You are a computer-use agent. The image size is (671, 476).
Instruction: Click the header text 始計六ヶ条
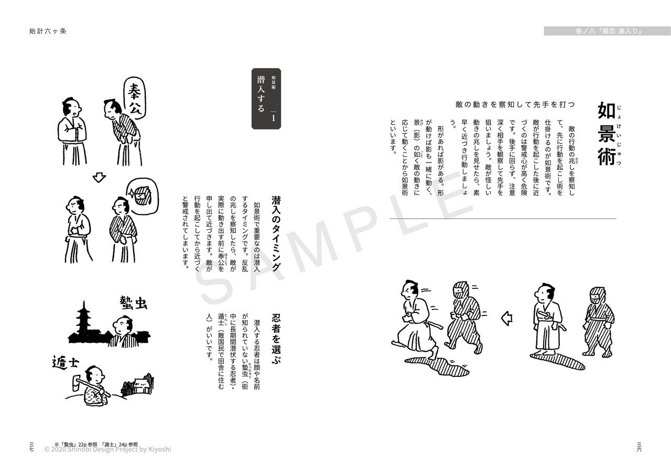pos(48,30)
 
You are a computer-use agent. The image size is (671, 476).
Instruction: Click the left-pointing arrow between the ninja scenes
pos(506,318)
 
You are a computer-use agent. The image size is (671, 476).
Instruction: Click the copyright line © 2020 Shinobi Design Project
pos(107,449)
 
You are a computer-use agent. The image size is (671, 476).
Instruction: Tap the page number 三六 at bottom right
pos(639,446)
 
